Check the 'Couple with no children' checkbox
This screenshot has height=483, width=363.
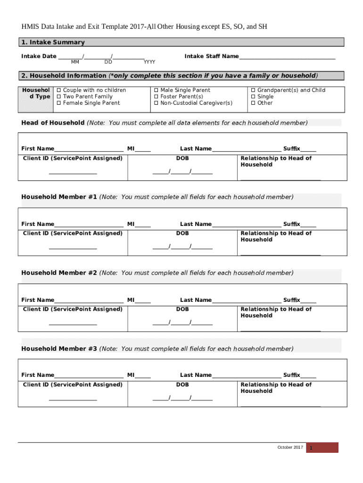pyautogui.click(x=59, y=90)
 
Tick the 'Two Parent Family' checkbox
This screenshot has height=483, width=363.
pyautogui.click(x=59, y=97)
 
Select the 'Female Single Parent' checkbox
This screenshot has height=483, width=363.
pyautogui.click(x=59, y=103)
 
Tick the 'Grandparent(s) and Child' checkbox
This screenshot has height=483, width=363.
pyautogui.click(x=253, y=90)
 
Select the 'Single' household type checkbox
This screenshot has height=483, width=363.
pyautogui.click(x=253, y=97)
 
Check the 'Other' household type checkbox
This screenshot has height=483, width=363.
pyautogui.click(x=253, y=103)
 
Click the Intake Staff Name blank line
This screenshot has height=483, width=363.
pyautogui.click(x=287, y=57)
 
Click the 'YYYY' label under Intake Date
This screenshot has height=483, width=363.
pyautogui.click(x=149, y=62)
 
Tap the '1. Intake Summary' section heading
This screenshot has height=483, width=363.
pyautogui.click(x=53, y=42)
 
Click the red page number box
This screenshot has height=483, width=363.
pyautogui.click(x=322, y=448)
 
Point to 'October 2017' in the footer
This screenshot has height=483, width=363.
pyautogui.click(x=290, y=447)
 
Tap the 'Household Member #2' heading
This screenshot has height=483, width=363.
pyautogui.click(x=59, y=273)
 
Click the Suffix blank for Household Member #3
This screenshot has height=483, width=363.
pyautogui.click(x=308, y=376)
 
